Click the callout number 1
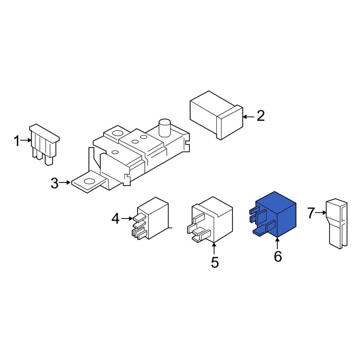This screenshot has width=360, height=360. click(17, 141)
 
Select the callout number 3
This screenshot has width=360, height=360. click(54, 183)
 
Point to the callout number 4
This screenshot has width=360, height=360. click(115, 219)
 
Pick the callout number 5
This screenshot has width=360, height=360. click(215, 262)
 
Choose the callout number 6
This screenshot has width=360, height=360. click(278, 257)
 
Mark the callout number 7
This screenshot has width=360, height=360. click(311, 213)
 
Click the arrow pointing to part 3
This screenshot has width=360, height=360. click(65, 183)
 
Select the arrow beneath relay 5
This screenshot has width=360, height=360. click(215, 249)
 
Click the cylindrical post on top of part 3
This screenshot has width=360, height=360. click(164, 127)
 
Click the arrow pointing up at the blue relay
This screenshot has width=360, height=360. click(278, 244)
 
